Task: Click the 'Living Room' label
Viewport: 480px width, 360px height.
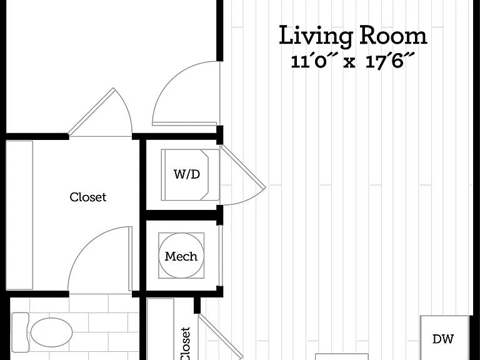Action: pos(353,36)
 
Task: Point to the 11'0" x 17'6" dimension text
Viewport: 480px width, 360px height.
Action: pos(352,61)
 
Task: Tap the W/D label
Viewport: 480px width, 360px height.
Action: pos(187,174)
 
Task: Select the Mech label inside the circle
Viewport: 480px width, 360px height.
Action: pos(181,256)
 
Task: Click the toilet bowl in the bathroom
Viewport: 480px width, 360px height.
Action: pos(51,332)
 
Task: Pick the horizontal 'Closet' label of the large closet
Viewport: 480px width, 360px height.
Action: pos(88,197)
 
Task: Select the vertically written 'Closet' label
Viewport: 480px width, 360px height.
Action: pos(186,344)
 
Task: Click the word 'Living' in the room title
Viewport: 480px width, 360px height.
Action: pos(316,36)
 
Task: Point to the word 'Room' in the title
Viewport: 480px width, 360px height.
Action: pos(393,36)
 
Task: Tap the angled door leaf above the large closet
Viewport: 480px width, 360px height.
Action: pos(91,112)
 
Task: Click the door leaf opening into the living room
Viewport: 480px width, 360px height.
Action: pos(184,124)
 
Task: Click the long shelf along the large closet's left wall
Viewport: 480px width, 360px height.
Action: pos(19,215)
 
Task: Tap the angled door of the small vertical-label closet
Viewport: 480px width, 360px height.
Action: pos(221,337)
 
